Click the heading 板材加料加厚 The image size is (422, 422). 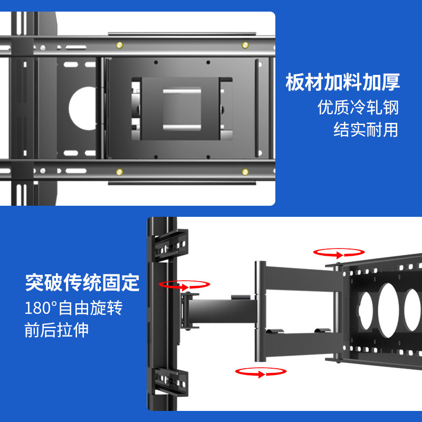pyautogui.click(x=343, y=83)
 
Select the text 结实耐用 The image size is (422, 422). pyautogui.click(x=366, y=130)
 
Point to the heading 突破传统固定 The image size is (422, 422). pyautogui.click(x=82, y=283)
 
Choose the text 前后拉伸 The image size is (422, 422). pyautogui.click(x=56, y=330)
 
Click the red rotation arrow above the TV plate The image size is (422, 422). pyautogui.click(x=338, y=253)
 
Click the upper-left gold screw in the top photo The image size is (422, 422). pyautogui.click(x=120, y=44)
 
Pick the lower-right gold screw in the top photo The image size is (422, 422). pyautogui.click(x=245, y=171)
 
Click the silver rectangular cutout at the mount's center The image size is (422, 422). pyautogui.click(x=181, y=108)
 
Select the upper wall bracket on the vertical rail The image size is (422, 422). pyautogui.click(x=170, y=247)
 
